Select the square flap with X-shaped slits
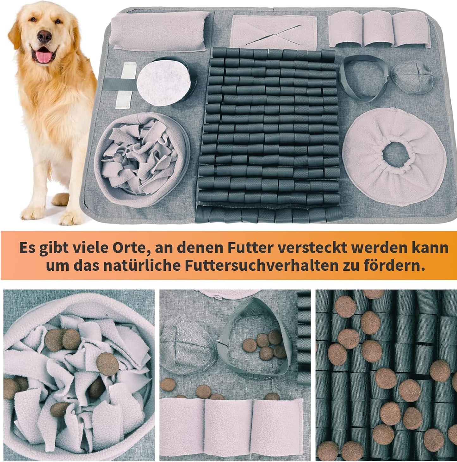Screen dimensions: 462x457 [x=273, y=32]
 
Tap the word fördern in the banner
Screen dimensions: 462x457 [x=391, y=266]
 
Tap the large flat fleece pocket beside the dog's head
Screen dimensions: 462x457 [x=160, y=31]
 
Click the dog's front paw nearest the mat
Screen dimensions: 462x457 [x=71, y=216]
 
